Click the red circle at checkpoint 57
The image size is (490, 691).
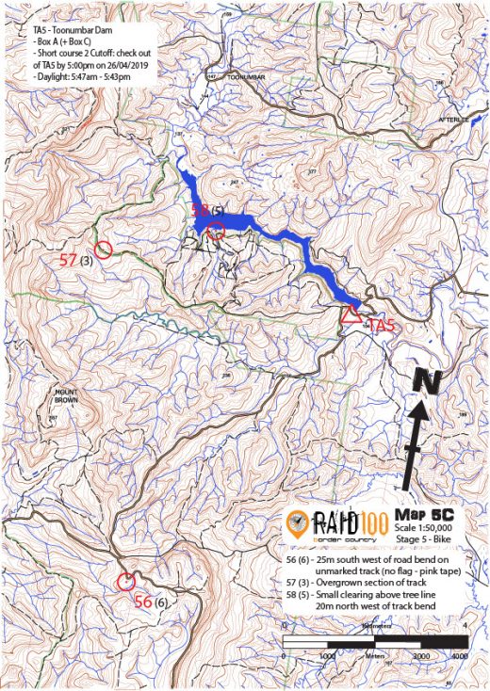point(104,249)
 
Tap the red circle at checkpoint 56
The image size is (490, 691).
point(124,581)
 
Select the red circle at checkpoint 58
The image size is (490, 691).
point(216,229)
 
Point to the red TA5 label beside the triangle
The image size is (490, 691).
point(380,326)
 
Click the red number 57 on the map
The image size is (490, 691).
point(68,259)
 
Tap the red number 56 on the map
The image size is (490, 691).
point(143,602)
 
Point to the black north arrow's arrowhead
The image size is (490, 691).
point(419,411)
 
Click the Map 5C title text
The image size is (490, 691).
point(424,514)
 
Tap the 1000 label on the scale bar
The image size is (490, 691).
point(328,654)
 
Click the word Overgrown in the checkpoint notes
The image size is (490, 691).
point(341,584)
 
